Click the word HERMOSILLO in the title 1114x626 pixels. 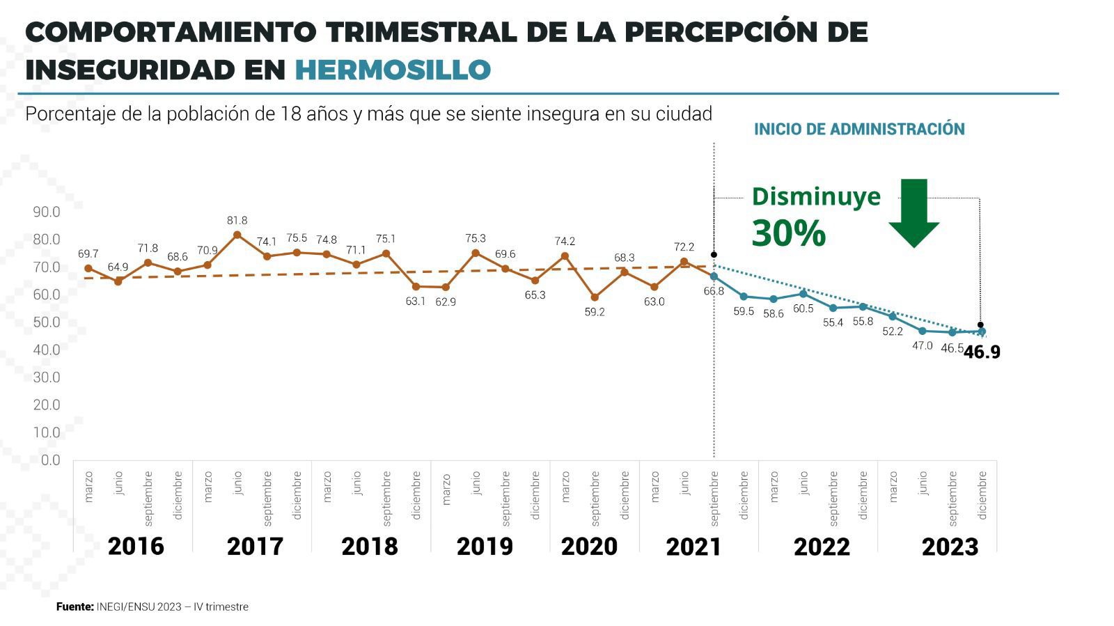[x=393, y=70]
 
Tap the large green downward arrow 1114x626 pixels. [x=913, y=212]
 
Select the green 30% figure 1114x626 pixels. [x=788, y=233]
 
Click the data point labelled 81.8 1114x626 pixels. [x=237, y=235]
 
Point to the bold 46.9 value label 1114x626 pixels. [x=982, y=352]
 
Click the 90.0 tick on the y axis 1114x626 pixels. [x=47, y=212]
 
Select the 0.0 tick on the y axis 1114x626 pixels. [x=50, y=460]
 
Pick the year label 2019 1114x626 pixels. [x=485, y=547]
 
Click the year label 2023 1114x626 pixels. [x=950, y=547]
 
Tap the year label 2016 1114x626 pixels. [x=136, y=547]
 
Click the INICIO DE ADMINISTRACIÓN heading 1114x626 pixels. [x=859, y=129]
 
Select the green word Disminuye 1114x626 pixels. [x=816, y=196]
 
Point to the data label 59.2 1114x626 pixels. [x=595, y=313]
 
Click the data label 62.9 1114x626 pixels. [x=446, y=302]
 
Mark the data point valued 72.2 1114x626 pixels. [x=684, y=263]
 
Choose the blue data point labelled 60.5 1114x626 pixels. [x=803, y=294]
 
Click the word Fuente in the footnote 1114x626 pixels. [x=74, y=607]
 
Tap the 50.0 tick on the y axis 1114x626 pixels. [x=47, y=322]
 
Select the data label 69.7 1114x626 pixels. [x=88, y=254]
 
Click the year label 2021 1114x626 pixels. [x=693, y=547]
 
